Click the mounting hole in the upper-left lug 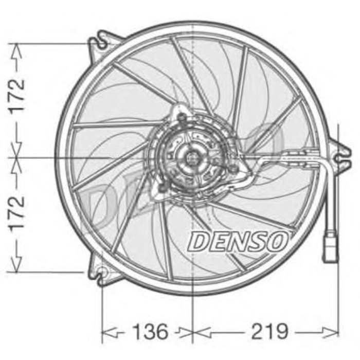pos(102,44)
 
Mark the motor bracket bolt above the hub pos(181,119)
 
